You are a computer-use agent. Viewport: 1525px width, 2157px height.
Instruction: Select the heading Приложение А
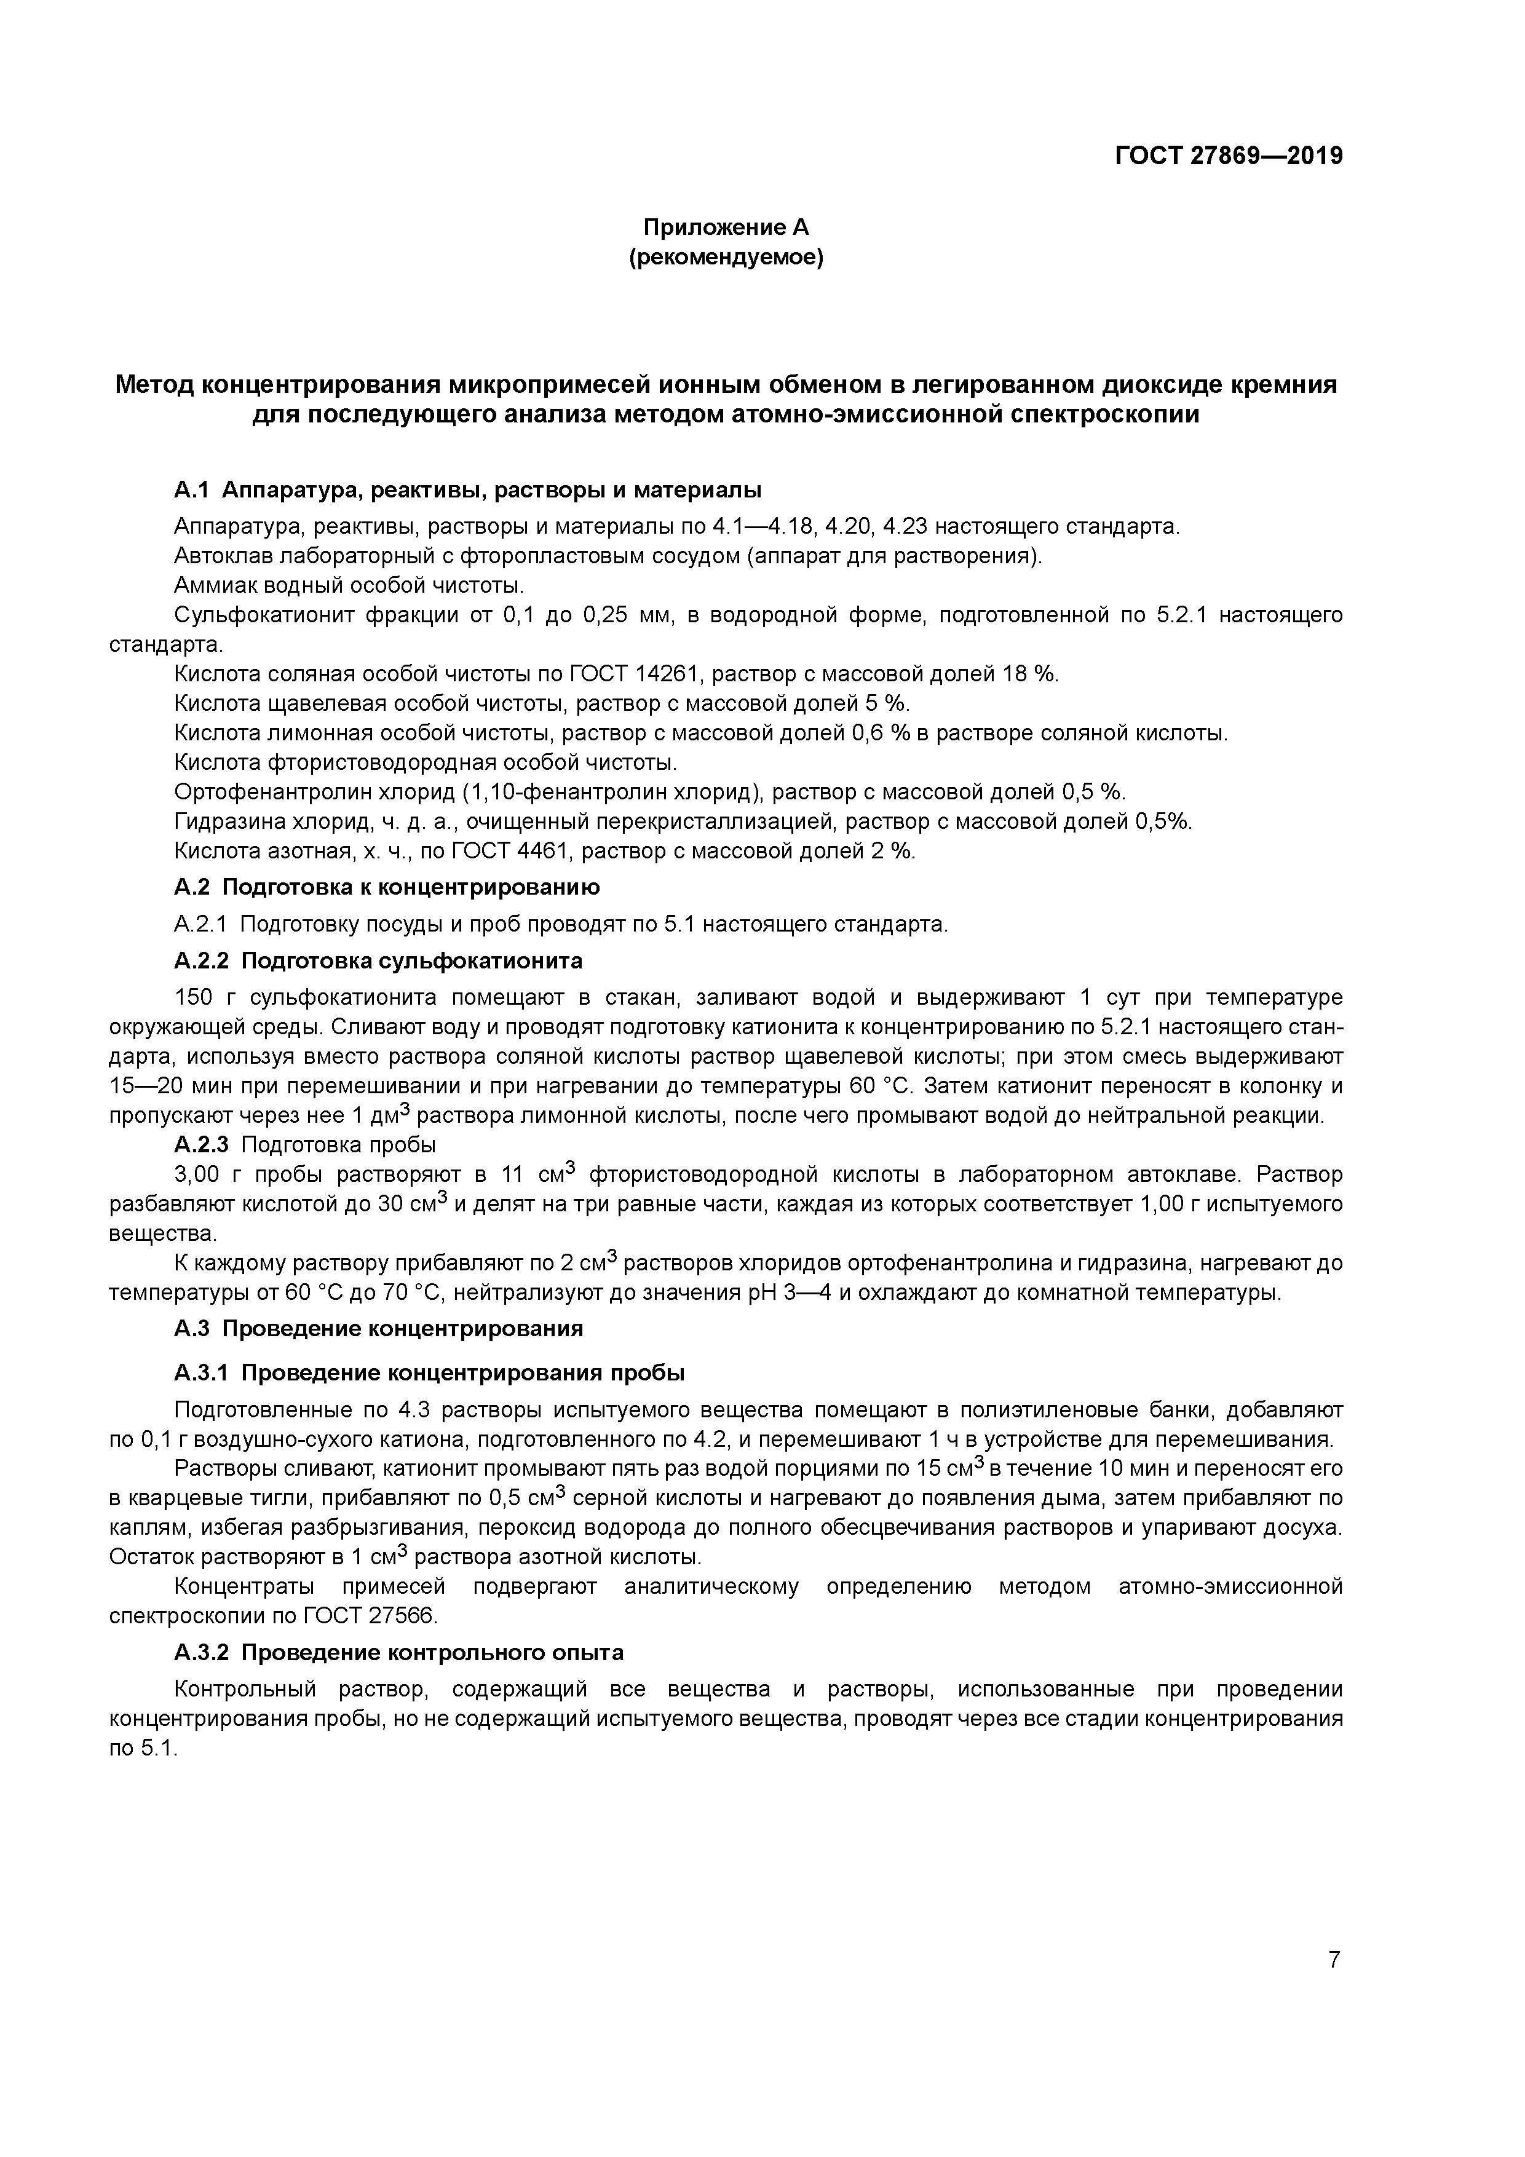pyautogui.click(x=726, y=228)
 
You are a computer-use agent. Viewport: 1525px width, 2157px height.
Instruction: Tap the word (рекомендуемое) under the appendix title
pyautogui.click(x=726, y=258)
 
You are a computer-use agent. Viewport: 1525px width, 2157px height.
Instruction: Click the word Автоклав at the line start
pyautogui.click(x=215, y=556)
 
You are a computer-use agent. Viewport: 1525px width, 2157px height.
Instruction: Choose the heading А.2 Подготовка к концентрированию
pyautogui.click(x=386, y=887)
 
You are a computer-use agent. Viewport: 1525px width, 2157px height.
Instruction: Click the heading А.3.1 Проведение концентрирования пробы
pyautogui.click(x=429, y=1374)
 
